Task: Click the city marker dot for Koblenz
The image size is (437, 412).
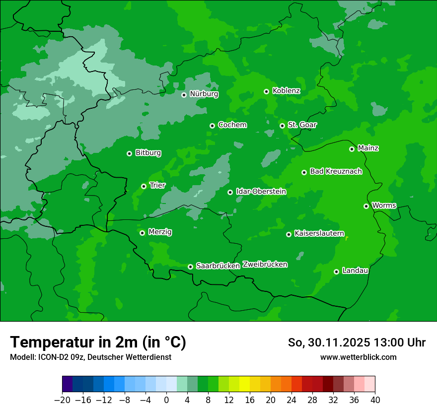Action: [x=267, y=91]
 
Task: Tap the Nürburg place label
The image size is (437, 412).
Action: [x=204, y=94]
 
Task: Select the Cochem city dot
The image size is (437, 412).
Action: [x=212, y=126]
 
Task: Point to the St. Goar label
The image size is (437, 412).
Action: [x=302, y=125]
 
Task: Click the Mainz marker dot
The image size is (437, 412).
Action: [x=352, y=149]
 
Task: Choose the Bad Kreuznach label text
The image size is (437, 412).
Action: [x=336, y=172]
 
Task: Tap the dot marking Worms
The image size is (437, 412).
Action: [x=366, y=206]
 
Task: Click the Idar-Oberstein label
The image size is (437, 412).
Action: [x=261, y=192]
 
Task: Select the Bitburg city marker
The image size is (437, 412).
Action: [x=129, y=153]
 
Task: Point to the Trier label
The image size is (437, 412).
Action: [x=157, y=186]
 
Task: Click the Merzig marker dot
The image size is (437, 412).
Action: [x=142, y=233]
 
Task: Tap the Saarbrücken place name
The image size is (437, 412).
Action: [x=218, y=266]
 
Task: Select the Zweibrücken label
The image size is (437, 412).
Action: [x=265, y=265]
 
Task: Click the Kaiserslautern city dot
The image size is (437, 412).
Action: [x=289, y=234]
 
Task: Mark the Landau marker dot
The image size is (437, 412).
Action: [x=336, y=272]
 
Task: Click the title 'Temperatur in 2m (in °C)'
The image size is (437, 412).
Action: [x=98, y=343]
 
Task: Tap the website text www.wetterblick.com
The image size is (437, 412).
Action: [x=358, y=357]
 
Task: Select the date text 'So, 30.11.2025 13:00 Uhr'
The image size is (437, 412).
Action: [x=357, y=343]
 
